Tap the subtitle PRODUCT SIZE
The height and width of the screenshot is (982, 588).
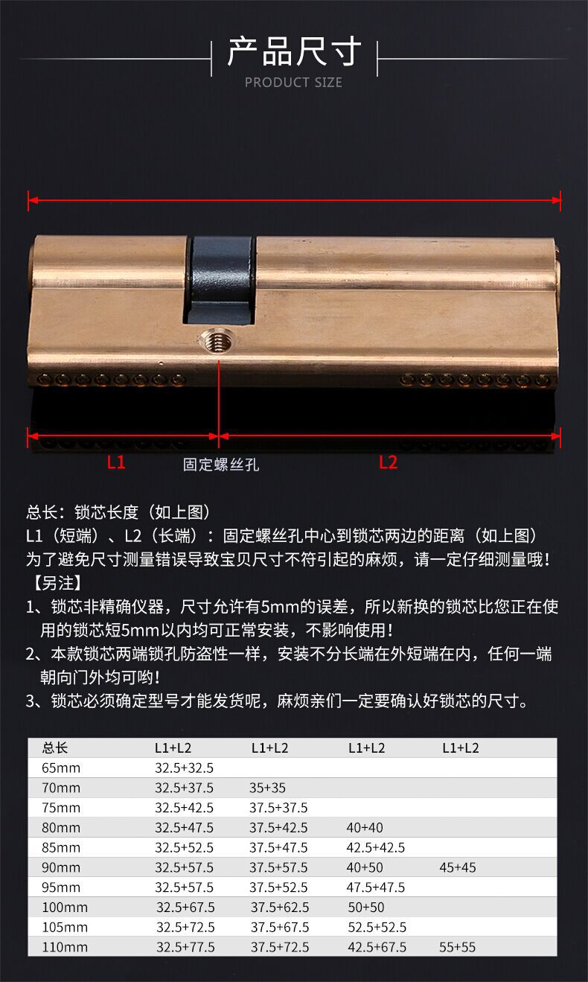[x=294, y=83]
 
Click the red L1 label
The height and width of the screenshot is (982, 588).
[x=116, y=462]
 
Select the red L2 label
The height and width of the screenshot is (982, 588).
[x=388, y=462]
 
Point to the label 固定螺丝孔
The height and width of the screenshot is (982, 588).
[x=221, y=465]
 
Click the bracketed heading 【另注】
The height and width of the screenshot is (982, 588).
[x=59, y=582]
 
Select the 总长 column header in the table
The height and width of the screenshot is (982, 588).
[x=55, y=747]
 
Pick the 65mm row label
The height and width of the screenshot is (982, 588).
[x=61, y=768]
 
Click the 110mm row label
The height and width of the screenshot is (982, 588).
[x=65, y=947]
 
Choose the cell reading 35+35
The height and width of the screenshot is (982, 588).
[x=268, y=788]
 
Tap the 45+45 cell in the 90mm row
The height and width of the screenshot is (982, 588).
[x=458, y=867]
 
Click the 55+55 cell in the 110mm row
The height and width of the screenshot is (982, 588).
[x=458, y=947]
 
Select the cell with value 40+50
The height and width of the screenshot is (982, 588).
[x=365, y=867]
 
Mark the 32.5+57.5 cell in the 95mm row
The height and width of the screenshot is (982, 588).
[x=184, y=887]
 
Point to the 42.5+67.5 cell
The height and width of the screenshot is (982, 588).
[x=377, y=947]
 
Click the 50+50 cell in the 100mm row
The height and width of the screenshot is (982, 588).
[x=366, y=908]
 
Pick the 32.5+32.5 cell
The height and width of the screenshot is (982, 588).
[x=184, y=768]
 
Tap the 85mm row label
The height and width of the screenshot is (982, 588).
[x=61, y=847]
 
